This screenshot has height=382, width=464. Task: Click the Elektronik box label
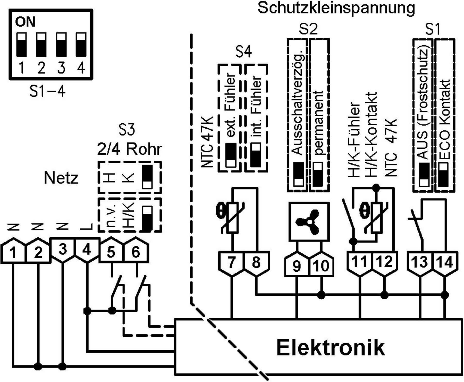pyautogui.click(x=330, y=348)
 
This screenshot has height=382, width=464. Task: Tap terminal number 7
pyautogui.click(x=231, y=263)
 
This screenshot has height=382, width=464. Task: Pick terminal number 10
pyautogui.click(x=321, y=266)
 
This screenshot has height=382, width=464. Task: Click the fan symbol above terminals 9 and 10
pyautogui.click(x=308, y=222)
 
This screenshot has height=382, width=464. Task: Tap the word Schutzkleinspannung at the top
pyautogui.click(x=336, y=8)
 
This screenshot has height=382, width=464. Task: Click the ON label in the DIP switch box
pyautogui.click(x=25, y=22)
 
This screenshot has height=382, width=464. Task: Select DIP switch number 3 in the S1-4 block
pyautogui.click(x=61, y=44)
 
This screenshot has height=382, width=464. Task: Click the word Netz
pyautogui.click(x=61, y=178)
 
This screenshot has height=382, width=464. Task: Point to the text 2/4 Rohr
pyautogui.click(x=130, y=149)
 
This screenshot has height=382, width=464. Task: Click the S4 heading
pyautogui.click(x=243, y=52)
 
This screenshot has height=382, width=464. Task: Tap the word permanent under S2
pyautogui.click(x=319, y=122)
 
